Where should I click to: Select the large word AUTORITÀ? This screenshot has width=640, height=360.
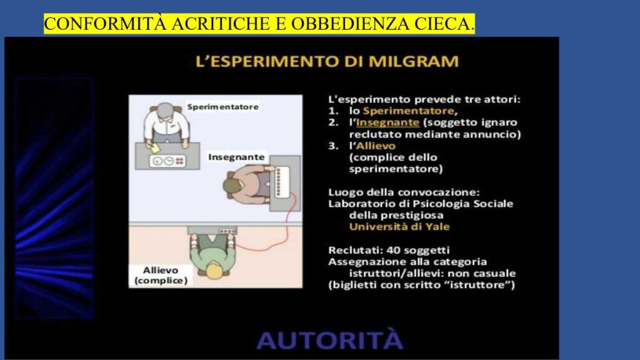click(x=329, y=341)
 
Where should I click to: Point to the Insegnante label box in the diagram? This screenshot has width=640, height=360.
click(x=236, y=156)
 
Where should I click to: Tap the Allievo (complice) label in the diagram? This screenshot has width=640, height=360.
click(x=161, y=276)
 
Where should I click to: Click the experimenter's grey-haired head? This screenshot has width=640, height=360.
click(x=166, y=112)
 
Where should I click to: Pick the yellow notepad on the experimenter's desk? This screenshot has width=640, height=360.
click(x=153, y=144)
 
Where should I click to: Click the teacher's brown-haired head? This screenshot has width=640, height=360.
click(x=232, y=186)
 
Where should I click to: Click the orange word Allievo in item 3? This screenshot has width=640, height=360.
click(x=377, y=146)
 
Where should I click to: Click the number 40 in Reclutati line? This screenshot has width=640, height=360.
click(x=387, y=249)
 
